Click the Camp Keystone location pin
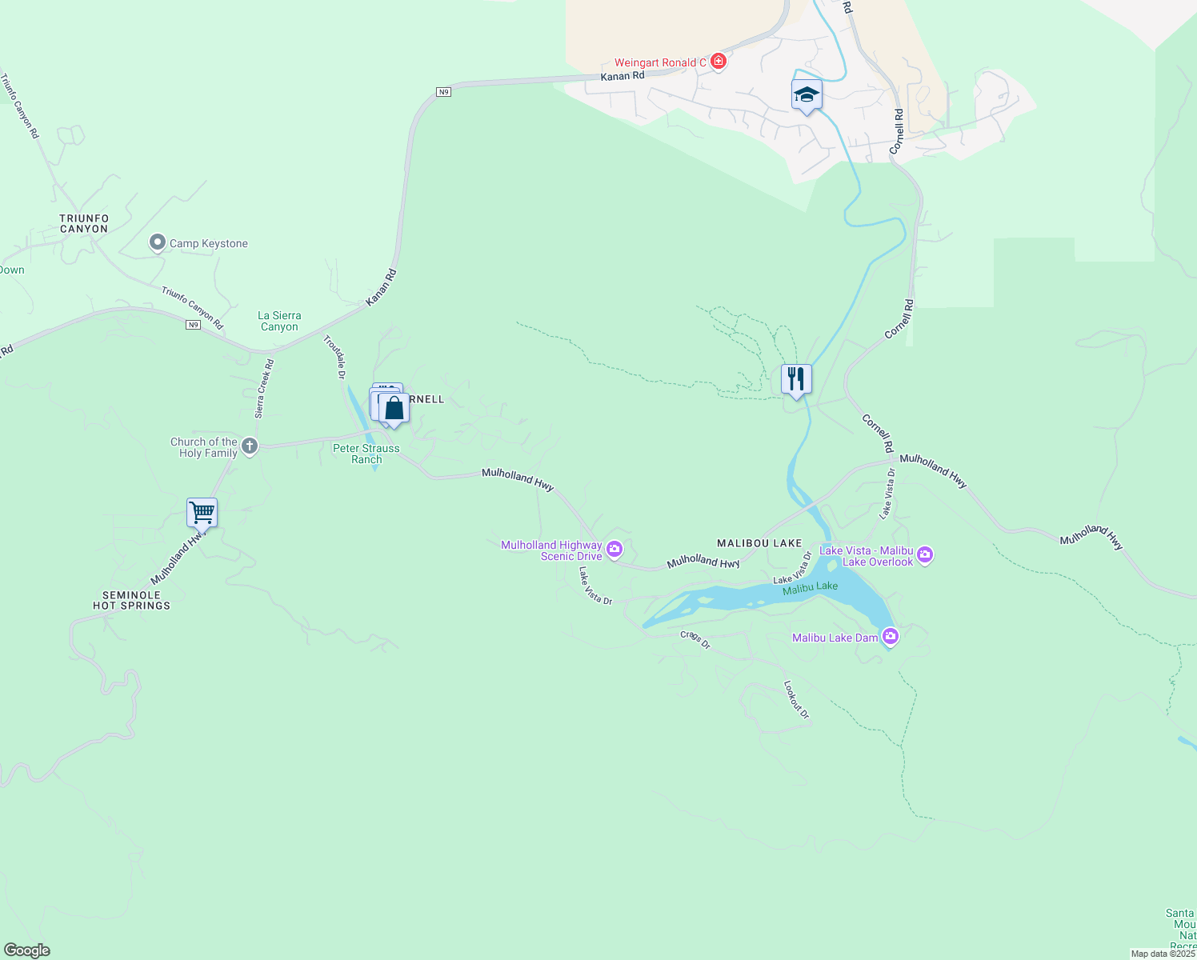pyautogui.click(x=158, y=243)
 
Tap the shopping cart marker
pyautogui.click(x=202, y=512)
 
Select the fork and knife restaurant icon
pyautogui.click(x=796, y=378)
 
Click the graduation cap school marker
pyautogui.click(x=807, y=95)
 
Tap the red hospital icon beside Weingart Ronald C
pyautogui.click(x=719, y=62)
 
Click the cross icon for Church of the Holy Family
pyautogui.click(x=250, y=446)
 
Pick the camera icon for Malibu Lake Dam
pyautogui.click(x=890, y=637)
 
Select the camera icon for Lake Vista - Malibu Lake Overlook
pyautogui.click(x=925, y=555)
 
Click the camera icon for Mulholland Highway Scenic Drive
pyautogui.click(x=615, y=549)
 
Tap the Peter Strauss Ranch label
pyautogui.click(x=366, y=454)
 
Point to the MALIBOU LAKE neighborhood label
pyautogui.click(x=759, y=543)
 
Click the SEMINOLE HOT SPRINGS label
pyautogui.click(x=131, y=600)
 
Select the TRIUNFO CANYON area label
pyautogui.click(x=84, y=223)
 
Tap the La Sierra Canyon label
pyautogui.click(x=279, y=321)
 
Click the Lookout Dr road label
pyautogui.click(x=796, y=699)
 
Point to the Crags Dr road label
pyautogui.click(x=695, y=639)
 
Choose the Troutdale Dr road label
pyautogui.click(x=334, y=357)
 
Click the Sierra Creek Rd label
pyautogui.click(x=264, y=389)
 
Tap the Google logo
pyautogui.click(x=26, y=950)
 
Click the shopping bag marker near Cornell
pyautogui.click(x=394, y=408)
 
